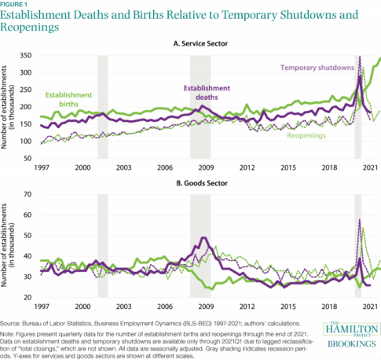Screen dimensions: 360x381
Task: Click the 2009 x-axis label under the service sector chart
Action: click(203, 169)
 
